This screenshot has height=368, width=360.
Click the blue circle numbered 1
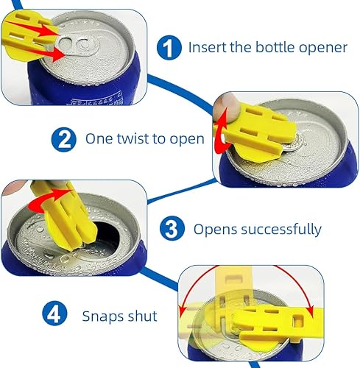point(169,47)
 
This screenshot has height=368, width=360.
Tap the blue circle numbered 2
point(63,139)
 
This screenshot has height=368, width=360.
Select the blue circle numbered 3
point(172,228)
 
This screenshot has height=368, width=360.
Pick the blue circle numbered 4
point(54,314)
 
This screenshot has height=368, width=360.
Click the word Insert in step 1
point(208,47)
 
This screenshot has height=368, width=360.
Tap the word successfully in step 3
point(281,230)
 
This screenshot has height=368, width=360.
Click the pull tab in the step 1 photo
point(77,45)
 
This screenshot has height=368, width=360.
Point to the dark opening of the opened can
point(105,236)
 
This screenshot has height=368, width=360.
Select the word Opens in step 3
point(216,230)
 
